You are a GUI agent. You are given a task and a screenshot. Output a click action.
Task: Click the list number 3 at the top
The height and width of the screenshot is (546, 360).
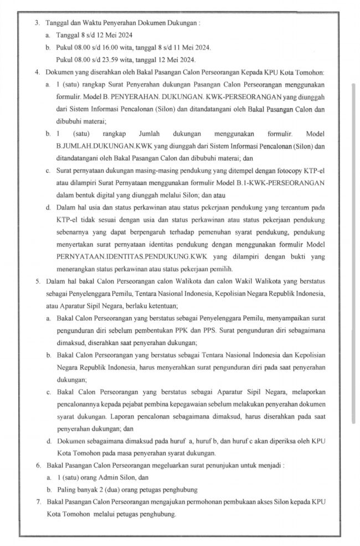[x=37, y=23]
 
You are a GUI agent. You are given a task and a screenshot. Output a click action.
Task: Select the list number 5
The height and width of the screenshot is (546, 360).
[x=37, y=282]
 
